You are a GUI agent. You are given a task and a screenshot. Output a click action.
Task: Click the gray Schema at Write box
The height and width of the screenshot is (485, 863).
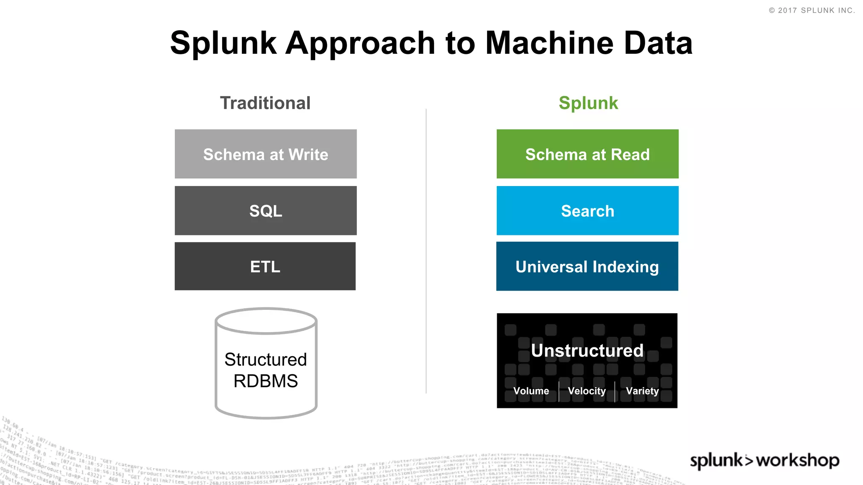tap(265, 154)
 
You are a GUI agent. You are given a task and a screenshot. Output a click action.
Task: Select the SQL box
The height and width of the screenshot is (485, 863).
tap(265, 211)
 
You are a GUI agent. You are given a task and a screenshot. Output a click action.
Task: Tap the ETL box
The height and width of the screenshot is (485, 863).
tap(265, 266)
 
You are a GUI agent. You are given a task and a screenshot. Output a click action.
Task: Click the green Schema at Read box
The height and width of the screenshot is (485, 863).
tap(587, 154)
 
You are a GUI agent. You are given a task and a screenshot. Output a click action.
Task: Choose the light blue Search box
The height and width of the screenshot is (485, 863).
tap(587, 211)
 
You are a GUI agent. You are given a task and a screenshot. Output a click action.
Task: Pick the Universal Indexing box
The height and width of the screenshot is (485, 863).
tap(587, 266)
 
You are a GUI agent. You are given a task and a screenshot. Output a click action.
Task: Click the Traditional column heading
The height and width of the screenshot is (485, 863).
tap(265, 103)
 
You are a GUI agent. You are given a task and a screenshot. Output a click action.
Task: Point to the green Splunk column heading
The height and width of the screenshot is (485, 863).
tap(588, 103)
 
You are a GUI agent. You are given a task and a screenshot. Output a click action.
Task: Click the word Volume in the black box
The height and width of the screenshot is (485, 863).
tap(531, 391)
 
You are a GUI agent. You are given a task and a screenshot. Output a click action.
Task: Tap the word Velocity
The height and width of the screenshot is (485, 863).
tap(587, 391)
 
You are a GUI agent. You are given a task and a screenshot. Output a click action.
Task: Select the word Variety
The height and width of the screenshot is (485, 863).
tap(642, 391)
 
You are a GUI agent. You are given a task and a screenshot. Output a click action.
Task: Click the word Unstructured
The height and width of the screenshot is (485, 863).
tap(587, 350)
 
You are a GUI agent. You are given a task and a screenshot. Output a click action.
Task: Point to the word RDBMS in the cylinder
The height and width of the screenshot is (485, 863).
tap(265, 381)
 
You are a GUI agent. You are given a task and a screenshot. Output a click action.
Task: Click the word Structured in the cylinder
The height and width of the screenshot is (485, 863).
tap(265, 360)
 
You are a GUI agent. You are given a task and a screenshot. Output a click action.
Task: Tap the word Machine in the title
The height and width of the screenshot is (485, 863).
tap(549, 43)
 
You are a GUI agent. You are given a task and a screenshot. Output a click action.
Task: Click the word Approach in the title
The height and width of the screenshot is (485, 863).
tap(360, 44)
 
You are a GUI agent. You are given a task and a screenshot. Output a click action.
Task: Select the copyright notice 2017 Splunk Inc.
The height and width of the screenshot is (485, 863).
tap(812, 11)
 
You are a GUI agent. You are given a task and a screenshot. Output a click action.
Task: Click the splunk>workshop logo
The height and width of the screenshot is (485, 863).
tap(764, 461)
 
